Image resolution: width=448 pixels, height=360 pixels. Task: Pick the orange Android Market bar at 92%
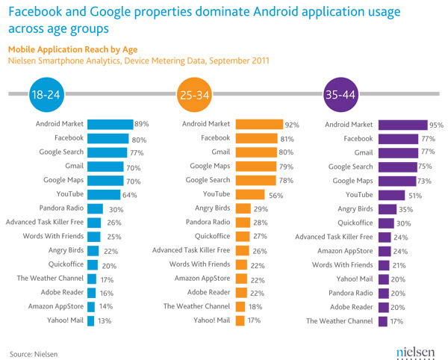tap(259, 125)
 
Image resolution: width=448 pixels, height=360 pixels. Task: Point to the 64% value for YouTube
tap(131, 195)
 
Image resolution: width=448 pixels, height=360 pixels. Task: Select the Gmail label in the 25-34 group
tap(217, 152)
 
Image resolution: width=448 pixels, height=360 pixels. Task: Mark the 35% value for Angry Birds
tap(405, 208)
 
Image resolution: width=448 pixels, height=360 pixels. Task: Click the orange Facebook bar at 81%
tap(257, 138)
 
